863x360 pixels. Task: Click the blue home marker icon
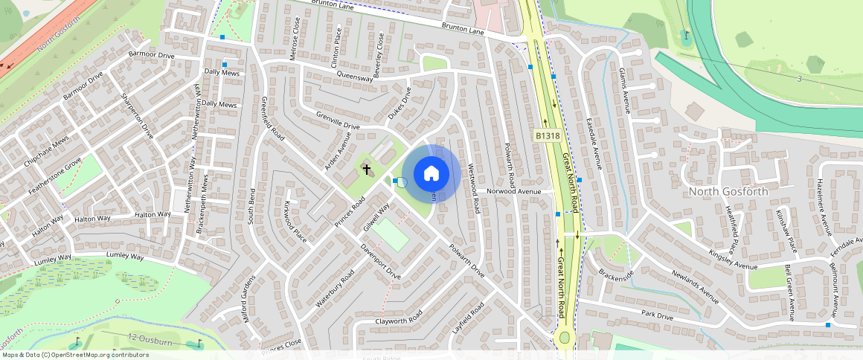click(x=431, y=174)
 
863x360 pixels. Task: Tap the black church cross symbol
click(x=366, y=170)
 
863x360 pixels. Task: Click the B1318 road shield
click(x=547, y=135)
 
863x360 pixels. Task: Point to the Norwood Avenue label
click(x=513, y=191)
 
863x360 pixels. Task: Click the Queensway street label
click(x=354, y=76)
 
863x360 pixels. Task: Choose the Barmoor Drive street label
click(x=151, y=56)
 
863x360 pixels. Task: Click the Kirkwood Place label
click(x=295, y=221)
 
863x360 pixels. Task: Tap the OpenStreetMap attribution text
click(x=74, y=355)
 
